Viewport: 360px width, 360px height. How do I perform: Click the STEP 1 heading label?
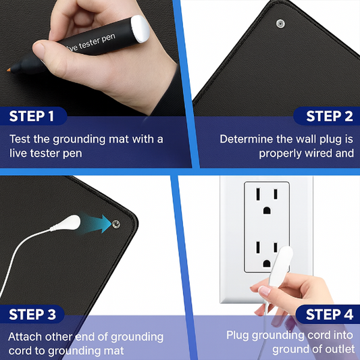(32, 116)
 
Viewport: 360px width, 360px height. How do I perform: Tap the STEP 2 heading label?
(329, 116)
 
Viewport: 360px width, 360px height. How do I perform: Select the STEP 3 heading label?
(32, 314)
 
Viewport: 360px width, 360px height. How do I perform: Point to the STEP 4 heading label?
(329, 314)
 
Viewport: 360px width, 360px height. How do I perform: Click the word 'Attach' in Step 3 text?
(24, 336)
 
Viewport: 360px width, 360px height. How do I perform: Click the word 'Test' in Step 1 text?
(20, 139)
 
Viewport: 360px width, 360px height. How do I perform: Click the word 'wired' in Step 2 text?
(317, 153)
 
